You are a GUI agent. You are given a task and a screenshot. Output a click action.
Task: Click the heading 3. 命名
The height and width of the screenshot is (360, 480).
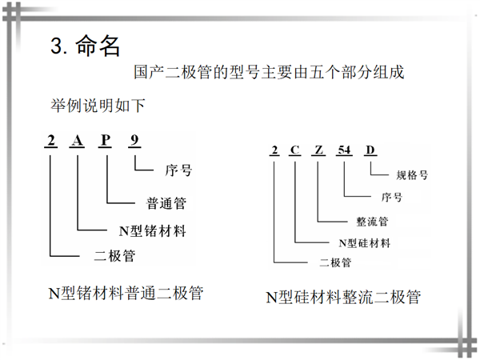click(85, 46)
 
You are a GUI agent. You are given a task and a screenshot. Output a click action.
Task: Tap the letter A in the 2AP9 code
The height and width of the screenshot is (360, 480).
click(77, 141)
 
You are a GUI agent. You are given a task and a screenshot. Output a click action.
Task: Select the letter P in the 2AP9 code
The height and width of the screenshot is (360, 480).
click(105, 140)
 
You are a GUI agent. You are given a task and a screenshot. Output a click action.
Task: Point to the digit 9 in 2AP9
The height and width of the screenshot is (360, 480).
click(134, 140)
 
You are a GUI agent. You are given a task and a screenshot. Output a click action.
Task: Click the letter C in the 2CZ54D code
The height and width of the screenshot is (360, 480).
click(294, 150)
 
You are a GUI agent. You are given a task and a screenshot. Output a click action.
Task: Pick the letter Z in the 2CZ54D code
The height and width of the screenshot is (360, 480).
click(318, 150)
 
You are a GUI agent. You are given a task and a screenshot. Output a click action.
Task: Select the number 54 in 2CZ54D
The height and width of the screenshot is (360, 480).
click(344, 150)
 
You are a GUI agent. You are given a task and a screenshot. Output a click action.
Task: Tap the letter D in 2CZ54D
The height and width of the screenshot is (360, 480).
click(370, 150)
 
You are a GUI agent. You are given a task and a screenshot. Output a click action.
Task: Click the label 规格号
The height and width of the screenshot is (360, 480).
click(412, 175)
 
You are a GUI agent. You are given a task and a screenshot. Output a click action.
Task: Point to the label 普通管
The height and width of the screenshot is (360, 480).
click(166, 203)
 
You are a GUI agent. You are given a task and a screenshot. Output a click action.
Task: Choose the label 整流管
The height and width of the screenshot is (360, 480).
click(372, 222)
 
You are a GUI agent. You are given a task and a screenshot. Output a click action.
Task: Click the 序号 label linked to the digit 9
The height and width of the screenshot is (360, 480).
click(178, 170)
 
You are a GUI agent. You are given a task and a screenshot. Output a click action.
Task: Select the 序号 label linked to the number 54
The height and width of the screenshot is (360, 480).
click(392, 197)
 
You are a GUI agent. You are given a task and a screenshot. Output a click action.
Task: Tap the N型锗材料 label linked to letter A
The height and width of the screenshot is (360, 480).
click(153, 230)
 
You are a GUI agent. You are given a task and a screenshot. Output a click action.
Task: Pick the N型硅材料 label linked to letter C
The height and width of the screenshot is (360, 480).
click(364, 243)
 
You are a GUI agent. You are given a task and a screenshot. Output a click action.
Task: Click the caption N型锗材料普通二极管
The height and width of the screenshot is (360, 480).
click(126, 293)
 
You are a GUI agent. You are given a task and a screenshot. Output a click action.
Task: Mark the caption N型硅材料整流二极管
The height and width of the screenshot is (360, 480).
click(343, 297)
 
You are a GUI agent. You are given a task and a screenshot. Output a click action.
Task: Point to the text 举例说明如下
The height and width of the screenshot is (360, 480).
click(98, 106)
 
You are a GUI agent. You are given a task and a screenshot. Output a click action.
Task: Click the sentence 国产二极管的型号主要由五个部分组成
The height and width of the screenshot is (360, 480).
click(269, 72)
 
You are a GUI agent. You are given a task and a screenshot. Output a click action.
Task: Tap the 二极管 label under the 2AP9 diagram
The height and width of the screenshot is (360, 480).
click(114, 256)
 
